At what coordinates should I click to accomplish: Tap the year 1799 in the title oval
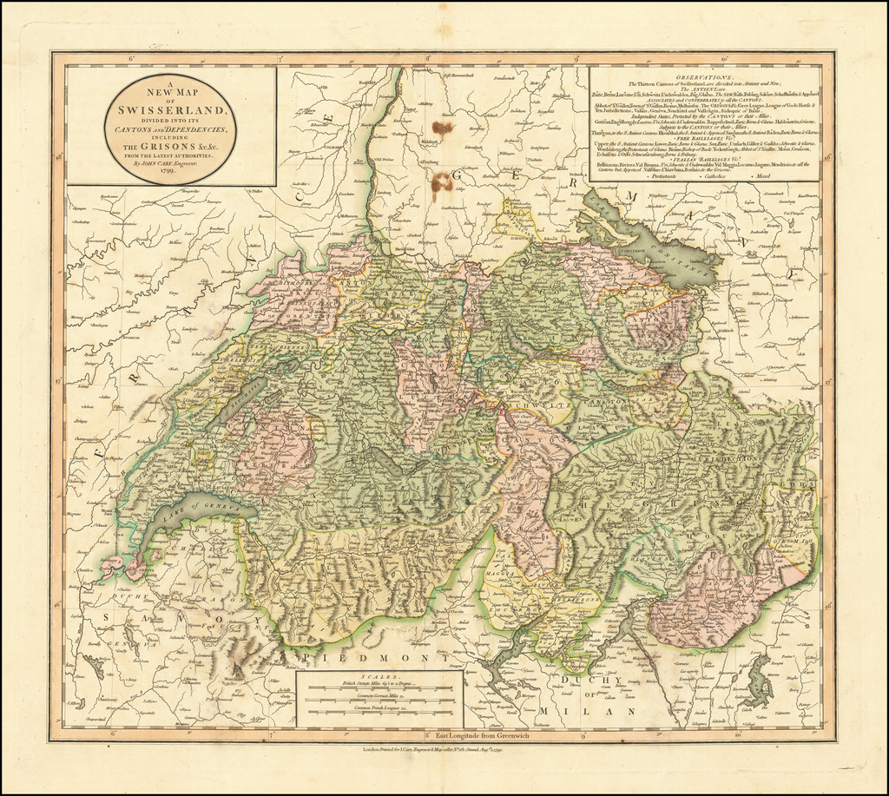(170, 172)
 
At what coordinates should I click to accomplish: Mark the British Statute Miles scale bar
(379, 689)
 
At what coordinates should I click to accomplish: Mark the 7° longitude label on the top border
(280, 59)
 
